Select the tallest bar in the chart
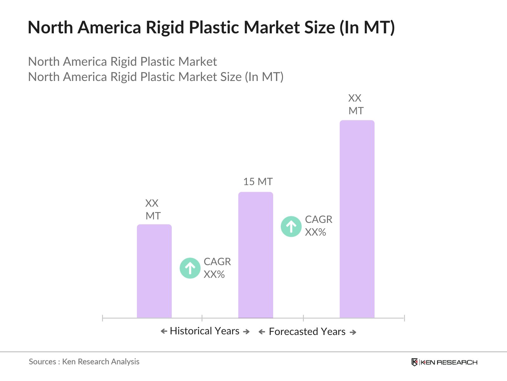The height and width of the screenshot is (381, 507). coord(357,219)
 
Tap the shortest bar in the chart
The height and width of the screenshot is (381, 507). coord(154,271)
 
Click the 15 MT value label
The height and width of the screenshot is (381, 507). coord(258,182)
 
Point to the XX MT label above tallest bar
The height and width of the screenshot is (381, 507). coord(356,104)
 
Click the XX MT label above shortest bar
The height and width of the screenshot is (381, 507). coord(153,210)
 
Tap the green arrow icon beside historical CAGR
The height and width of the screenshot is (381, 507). coord(190,268)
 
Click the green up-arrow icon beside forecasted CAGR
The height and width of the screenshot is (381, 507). coord(291,226)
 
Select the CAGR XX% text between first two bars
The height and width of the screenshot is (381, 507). coord(217,268)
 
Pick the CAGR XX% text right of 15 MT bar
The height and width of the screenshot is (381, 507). coord(318,226)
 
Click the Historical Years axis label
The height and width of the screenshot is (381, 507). coord(204,331)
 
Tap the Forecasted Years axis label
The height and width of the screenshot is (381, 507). coord(307,331)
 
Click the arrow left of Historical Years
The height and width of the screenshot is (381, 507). coord(164,331)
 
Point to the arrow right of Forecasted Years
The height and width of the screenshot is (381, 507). coord(353,332)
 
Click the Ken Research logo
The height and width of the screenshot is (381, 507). coord(444,362)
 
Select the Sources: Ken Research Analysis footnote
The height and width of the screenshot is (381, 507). coord(84,362)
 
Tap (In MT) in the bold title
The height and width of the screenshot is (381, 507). coord(367,27)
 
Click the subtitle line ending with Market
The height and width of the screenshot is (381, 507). coord(122,62)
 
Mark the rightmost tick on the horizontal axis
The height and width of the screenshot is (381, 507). coord(404,318)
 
